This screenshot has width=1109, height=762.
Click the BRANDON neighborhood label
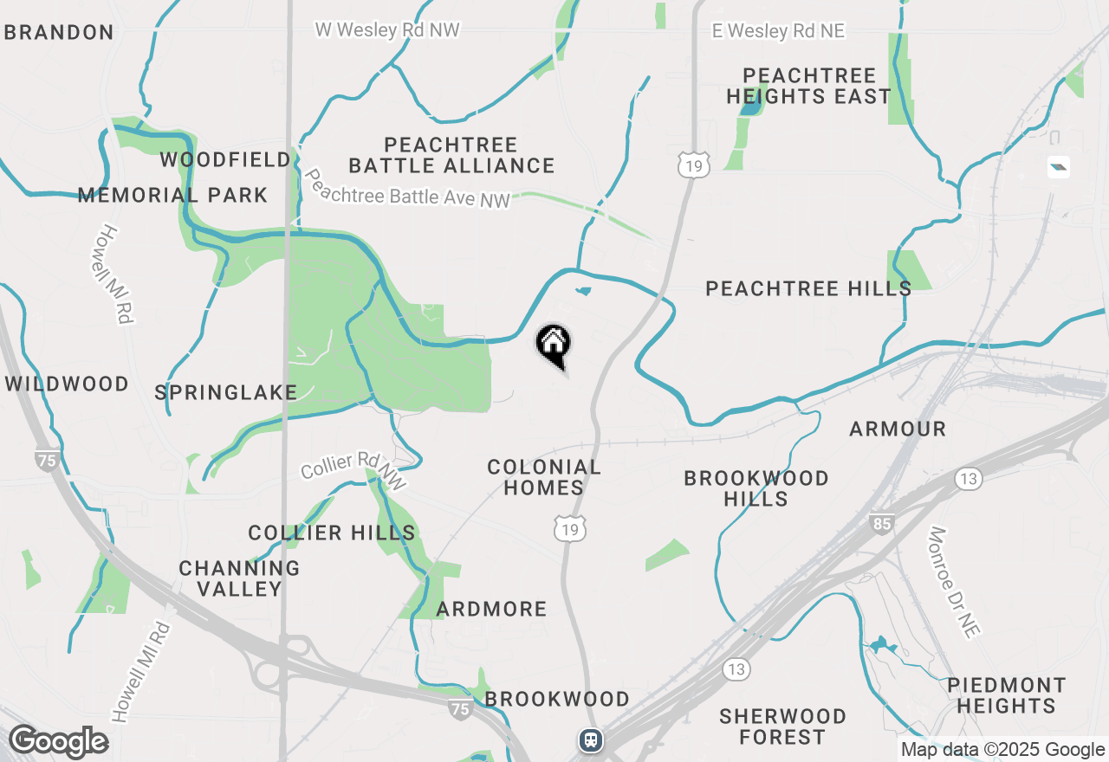click(x=58, y=33)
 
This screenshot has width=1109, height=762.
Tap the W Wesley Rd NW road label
click(x=386, y=30)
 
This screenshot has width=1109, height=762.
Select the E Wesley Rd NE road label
click(x=777, y=31)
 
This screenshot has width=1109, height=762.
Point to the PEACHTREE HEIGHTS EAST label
click(x=808, y=86)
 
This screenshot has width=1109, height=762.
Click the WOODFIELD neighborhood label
click(x=225, y=160)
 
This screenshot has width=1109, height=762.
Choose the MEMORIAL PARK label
click(x=172, y=195)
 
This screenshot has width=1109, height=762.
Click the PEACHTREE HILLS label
click(x=807, y=288)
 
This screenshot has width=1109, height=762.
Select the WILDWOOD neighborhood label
click(x=68, y=384)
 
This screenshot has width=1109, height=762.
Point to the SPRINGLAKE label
click(x=226, y=392)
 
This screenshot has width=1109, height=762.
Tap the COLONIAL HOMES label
click(x=544, y=477)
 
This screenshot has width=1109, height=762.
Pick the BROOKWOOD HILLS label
click(x=756, y=488)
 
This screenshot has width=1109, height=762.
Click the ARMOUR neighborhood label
click(x=898, y=429)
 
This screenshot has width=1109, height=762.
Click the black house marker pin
click(x=554, y=345)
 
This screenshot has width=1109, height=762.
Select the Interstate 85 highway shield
click(x=882, y=523)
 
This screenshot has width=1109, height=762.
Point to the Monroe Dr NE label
click(x=956, y=582)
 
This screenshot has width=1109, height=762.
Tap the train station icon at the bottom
click(x=591, y=739)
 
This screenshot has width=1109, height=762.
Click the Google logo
click(x=59, y=742)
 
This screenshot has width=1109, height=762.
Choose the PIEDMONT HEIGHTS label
click(x=1006, y=695)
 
